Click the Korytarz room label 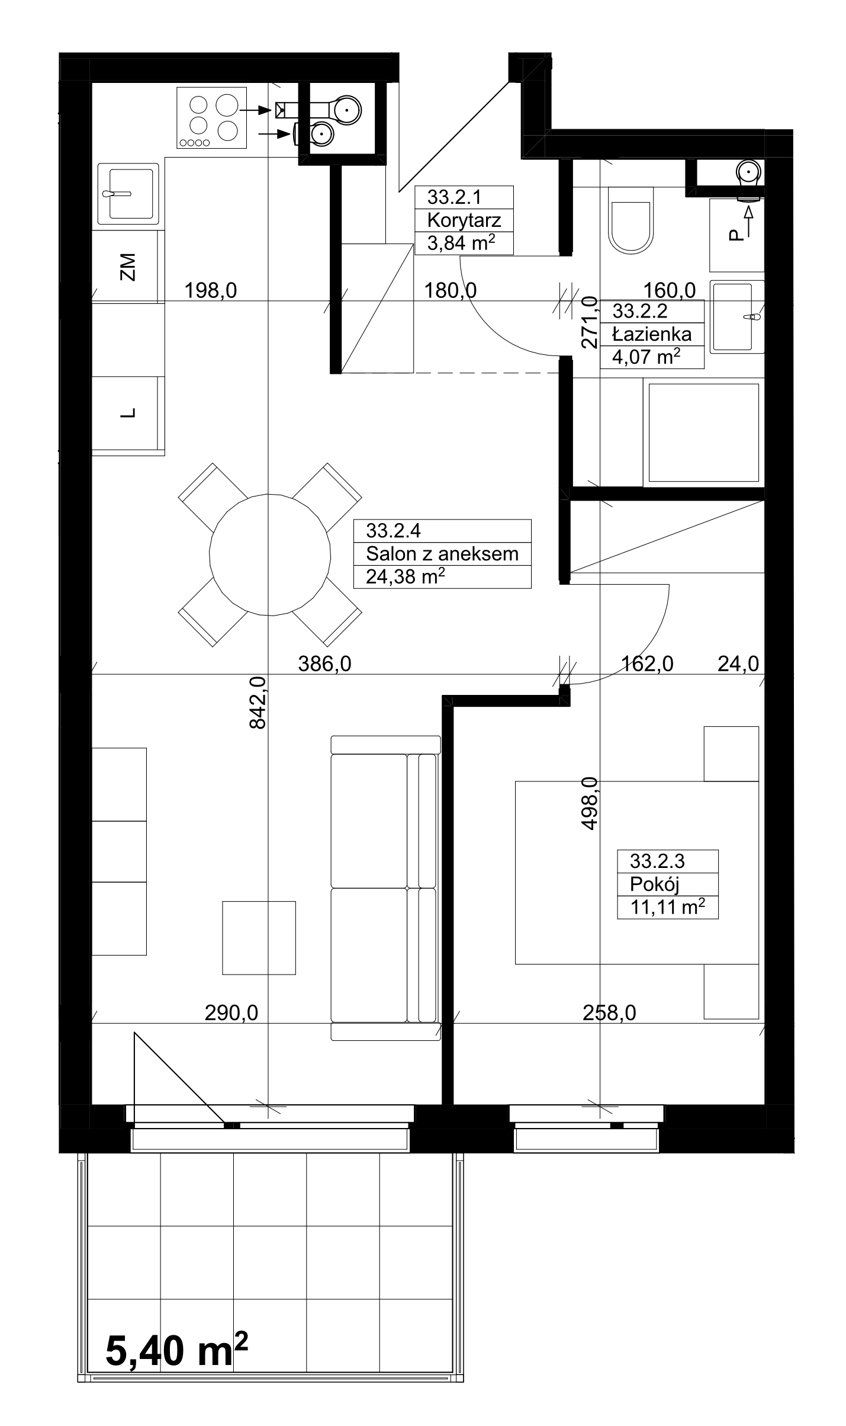[x=464, y=220]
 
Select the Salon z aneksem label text [x=442, y=554]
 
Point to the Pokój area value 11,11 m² [x=667, y=907]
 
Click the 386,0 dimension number [x=324, y=664]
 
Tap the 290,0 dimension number [x=231, y=1014]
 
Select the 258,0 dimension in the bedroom [x=609, y=1014]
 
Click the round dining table [x=270, y=555]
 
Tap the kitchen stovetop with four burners [x=211, y=117]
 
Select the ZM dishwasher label [x=127, y=267]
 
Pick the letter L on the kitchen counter [x=128, y=413]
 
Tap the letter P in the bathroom [x=735, y=236]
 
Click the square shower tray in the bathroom [x=704, y=433]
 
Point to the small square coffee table [x=259, y=938]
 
